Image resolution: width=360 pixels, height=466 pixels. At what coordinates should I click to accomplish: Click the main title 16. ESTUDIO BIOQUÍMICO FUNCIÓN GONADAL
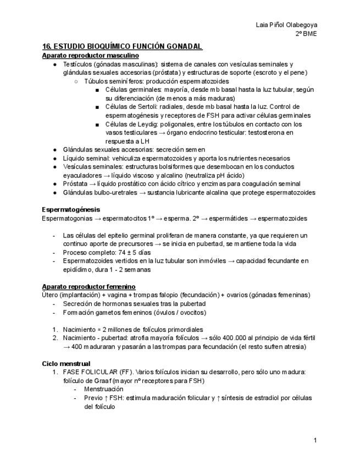[123, 47]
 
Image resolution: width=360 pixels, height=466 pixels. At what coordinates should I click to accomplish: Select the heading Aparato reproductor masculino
[90, 56]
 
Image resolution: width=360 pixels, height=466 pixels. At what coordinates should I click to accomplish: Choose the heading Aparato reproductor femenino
[88, 286]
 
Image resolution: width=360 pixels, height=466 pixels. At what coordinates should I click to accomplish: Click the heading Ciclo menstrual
[66, 363]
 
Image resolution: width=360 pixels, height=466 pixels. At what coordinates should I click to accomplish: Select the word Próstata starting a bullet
[76, 184]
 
